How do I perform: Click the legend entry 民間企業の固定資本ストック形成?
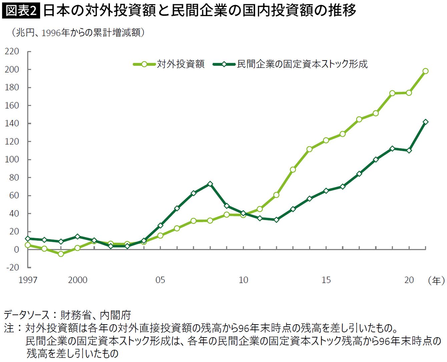(x=290, y=64)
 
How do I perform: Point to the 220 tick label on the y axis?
(x=12, y=51)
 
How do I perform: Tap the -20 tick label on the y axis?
(x=13, y=267)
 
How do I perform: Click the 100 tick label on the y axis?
(x=12, y=159)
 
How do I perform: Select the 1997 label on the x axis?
(x=28, y=280)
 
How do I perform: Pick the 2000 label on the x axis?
(x=78, y=280)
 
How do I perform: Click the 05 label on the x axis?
(x=160, y=280)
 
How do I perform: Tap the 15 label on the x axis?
(x=326, y=280)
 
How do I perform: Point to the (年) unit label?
(x=436, y=280)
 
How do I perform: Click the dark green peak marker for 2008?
(x=210, y=184)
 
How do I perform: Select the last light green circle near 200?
(x=425, y=71)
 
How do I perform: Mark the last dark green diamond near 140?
(x=425, y=122)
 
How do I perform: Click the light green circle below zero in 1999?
(x=61, y=254)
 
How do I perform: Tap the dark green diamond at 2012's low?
(x=277, y=220)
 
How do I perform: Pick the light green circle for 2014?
(x=309, y=149)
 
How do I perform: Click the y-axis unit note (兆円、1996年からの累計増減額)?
(x=78, y=33)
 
